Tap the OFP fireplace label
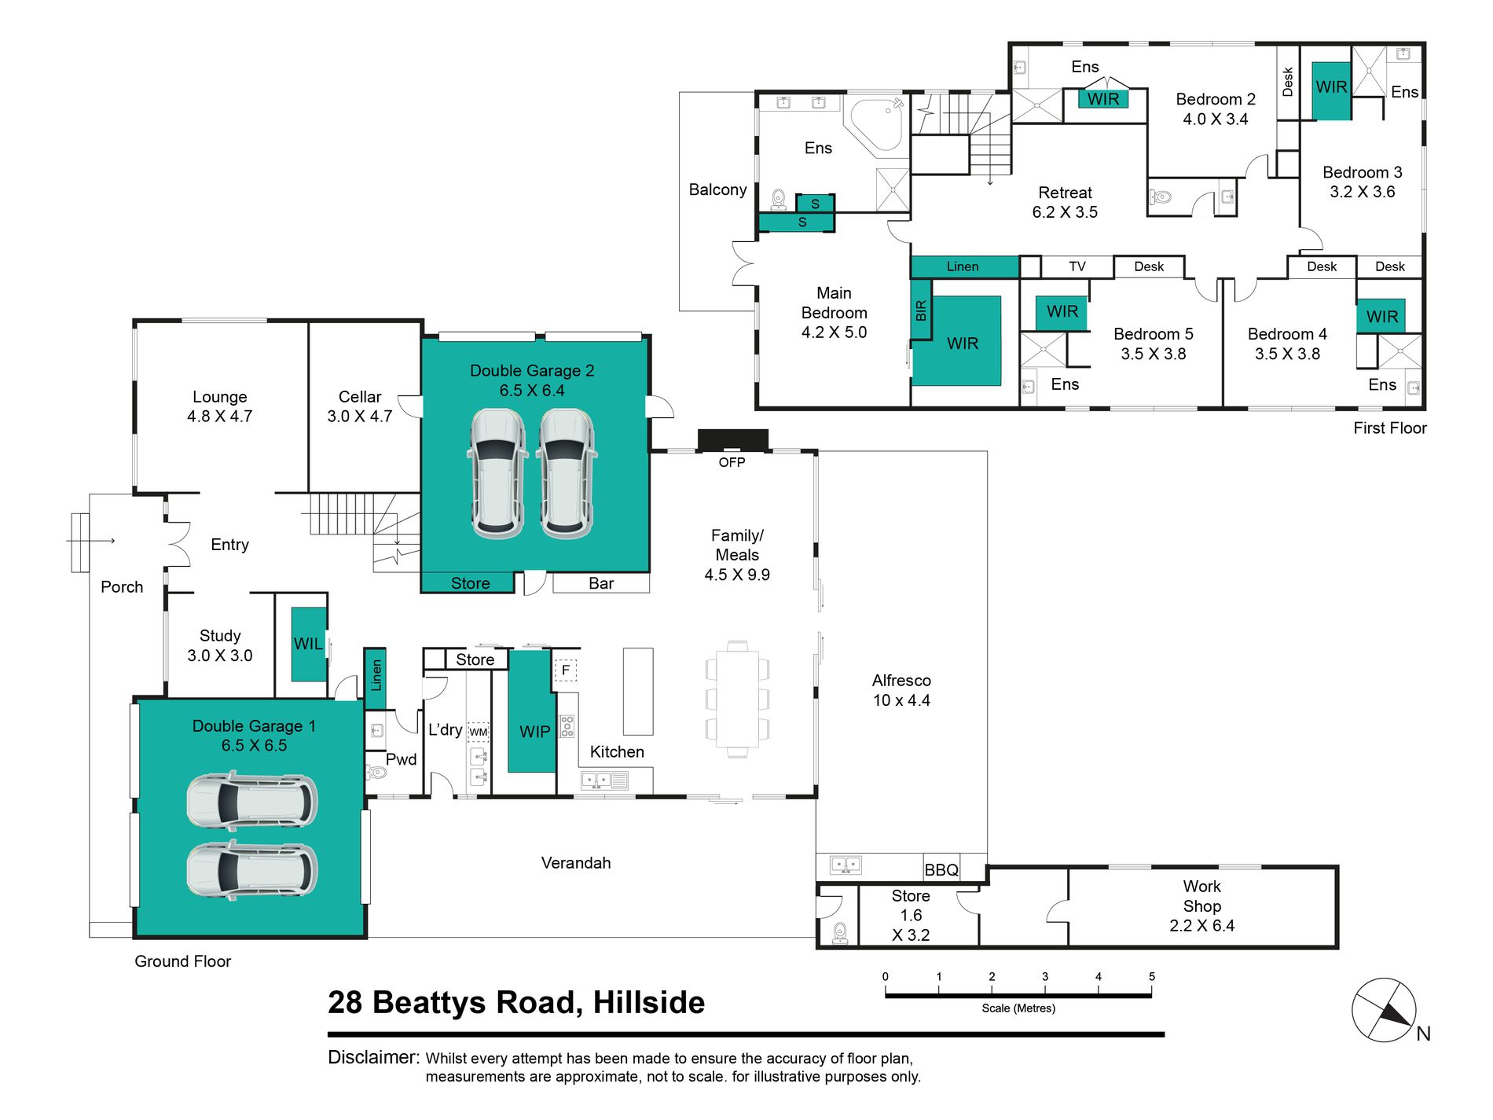click(x=732, y=462)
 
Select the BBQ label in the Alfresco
click(x=941, y=870)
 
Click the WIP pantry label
click(x=534, y=732)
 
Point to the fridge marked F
click(x=566, y=670)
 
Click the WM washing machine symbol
click(x=479, y=732)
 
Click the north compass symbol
click(x=1384, y=1010)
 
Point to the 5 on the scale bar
click(x=1152, y=977)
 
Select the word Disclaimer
click(x=373, y=1057)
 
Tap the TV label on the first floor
click(x=1077, y=266)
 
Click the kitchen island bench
click(x=638, y=691)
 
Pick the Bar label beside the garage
click(x=601, y=583)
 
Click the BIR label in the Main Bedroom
click(x=921, y=311)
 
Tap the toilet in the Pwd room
click(x=376, y=772)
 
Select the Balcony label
click(x=717, y=189)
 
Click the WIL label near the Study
click(x=308, y=644)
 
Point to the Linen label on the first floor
click(x=963, y=266)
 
